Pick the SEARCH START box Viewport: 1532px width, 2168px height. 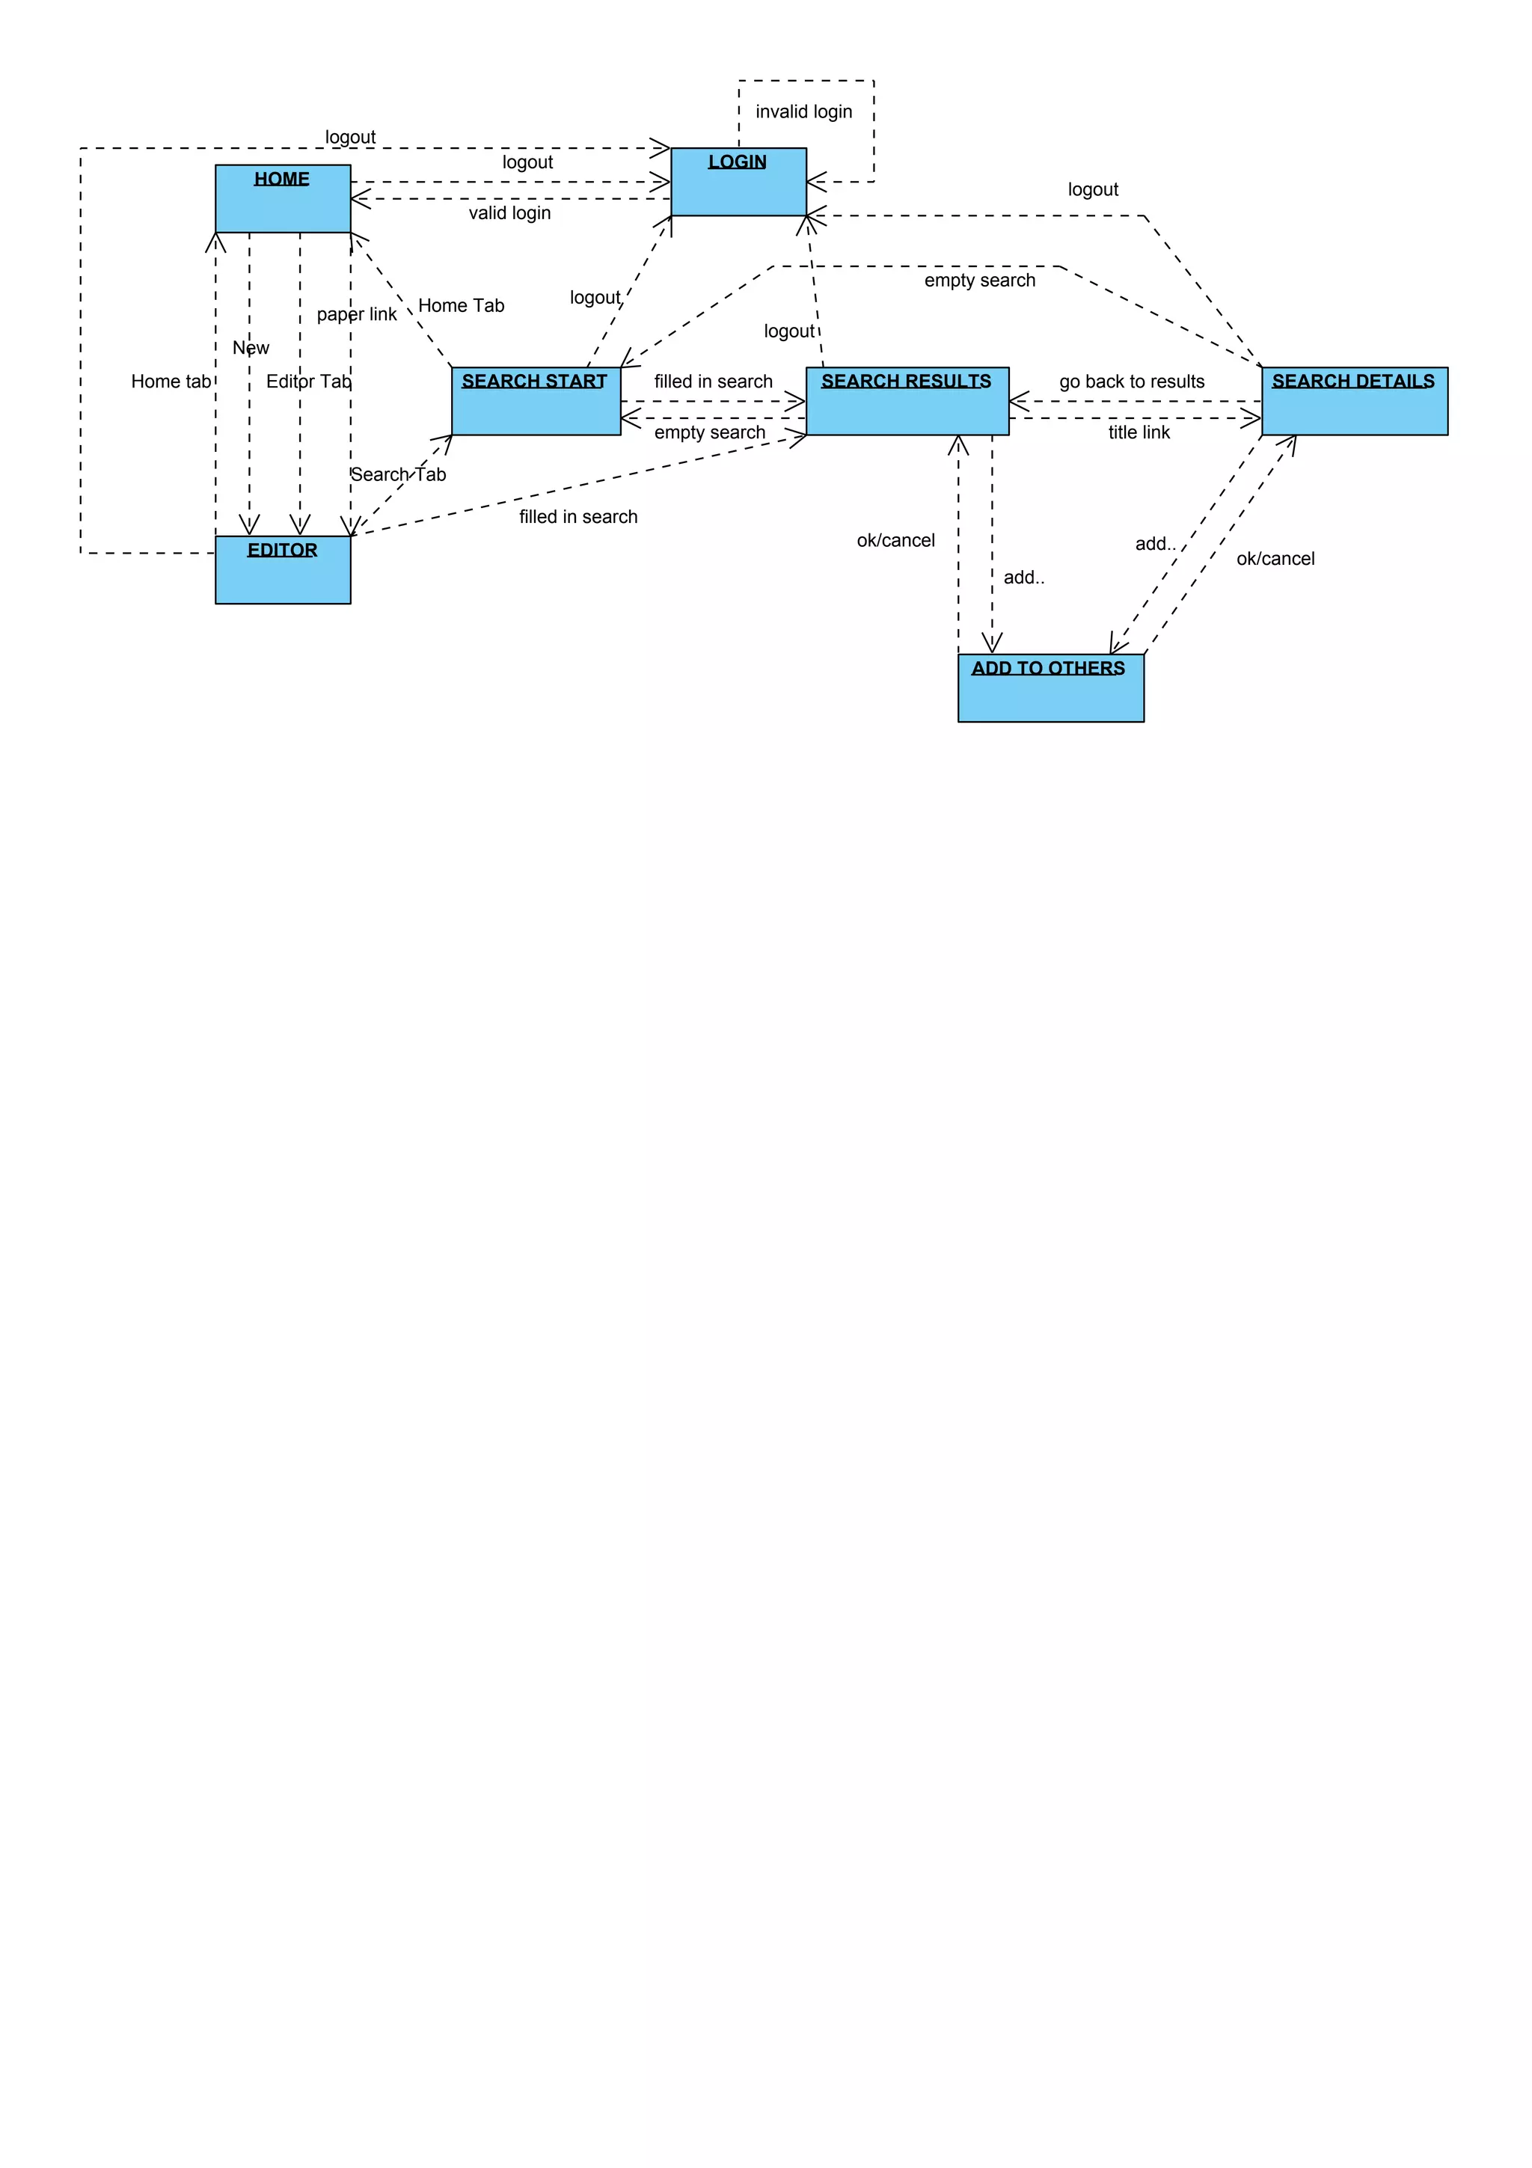coord(535,401)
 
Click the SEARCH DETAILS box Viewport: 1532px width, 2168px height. coord(1354,401)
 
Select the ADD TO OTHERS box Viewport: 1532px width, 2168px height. coord(1050,688)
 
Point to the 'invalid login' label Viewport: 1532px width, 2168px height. coord(803,111)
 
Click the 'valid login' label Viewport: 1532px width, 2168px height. coord(509,213)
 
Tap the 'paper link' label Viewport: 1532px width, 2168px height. coord(356,314)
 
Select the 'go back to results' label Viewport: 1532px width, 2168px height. coord(1131,382)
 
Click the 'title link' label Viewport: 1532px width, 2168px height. coord(1139,432)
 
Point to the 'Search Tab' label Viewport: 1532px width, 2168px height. coord(399,475)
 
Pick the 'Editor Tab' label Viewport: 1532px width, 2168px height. coord(307,382)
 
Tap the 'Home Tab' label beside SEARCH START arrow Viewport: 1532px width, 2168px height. coord(461,306)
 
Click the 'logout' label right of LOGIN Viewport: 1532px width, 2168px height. coord(1092,190)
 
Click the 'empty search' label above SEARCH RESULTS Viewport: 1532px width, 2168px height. coord(979,281)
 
